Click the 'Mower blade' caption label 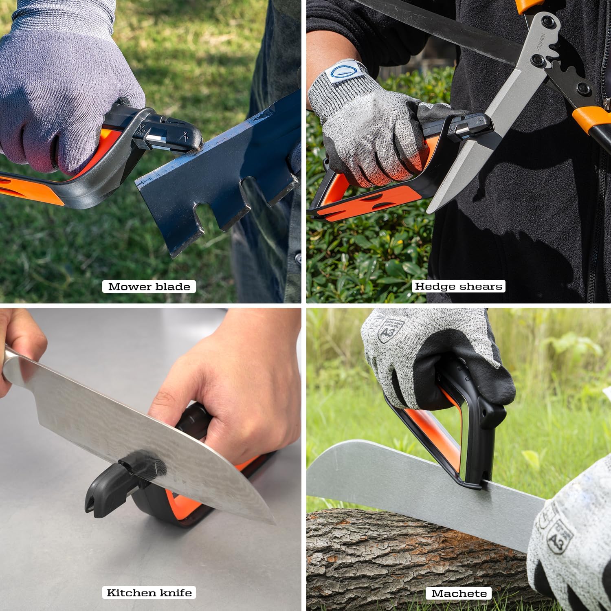tap(149, 286)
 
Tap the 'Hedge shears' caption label tap(458, 286)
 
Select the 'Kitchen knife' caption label tap(149, 593)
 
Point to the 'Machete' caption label tap(459, 593)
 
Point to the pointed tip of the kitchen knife tap(273, 523)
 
